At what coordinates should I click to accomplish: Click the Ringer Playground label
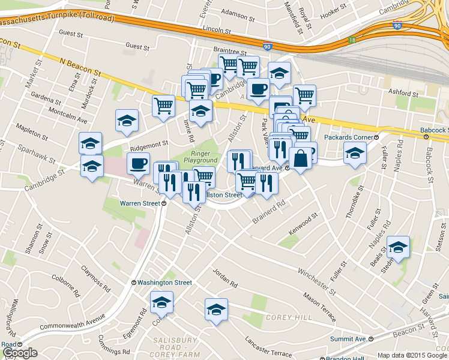200,157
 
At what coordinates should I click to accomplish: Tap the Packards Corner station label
350,137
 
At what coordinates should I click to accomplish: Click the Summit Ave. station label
352,339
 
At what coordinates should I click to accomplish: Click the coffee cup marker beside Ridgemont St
138,163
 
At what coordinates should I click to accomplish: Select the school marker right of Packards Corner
355,152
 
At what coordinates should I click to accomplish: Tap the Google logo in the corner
20,353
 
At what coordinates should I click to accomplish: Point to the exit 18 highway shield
352,40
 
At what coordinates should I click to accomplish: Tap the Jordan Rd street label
224,277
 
